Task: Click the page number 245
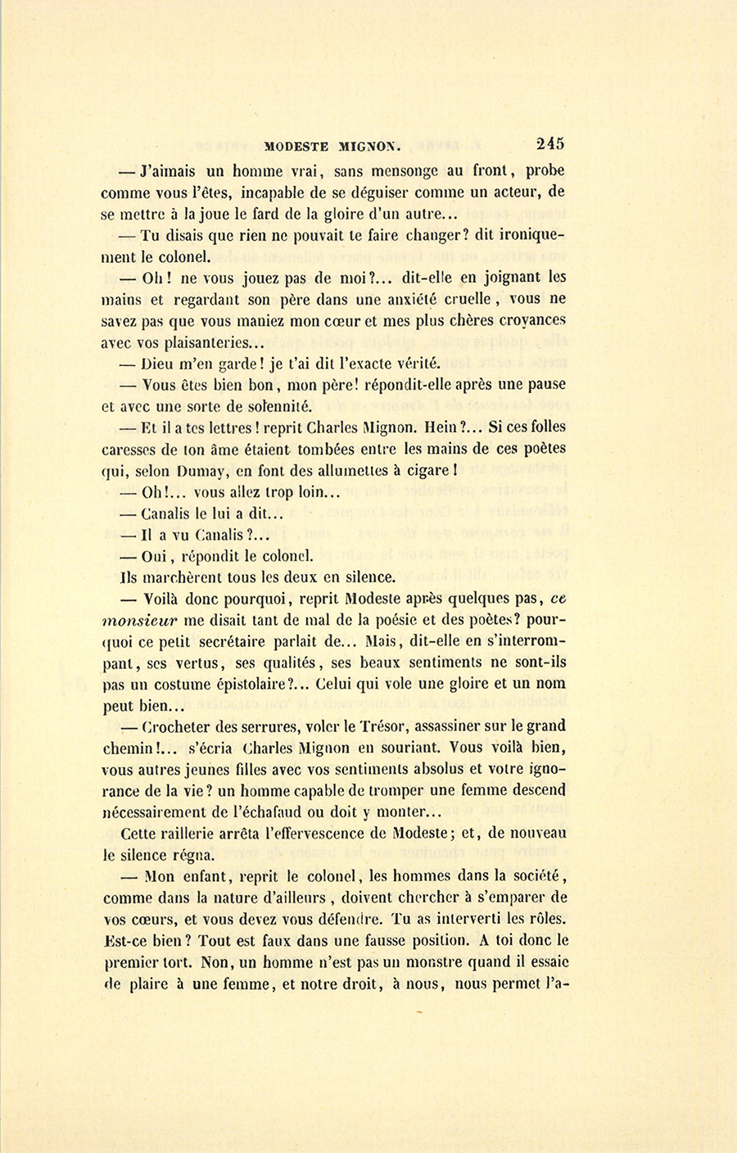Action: pos(549,143)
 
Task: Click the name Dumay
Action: pos(196,471)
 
